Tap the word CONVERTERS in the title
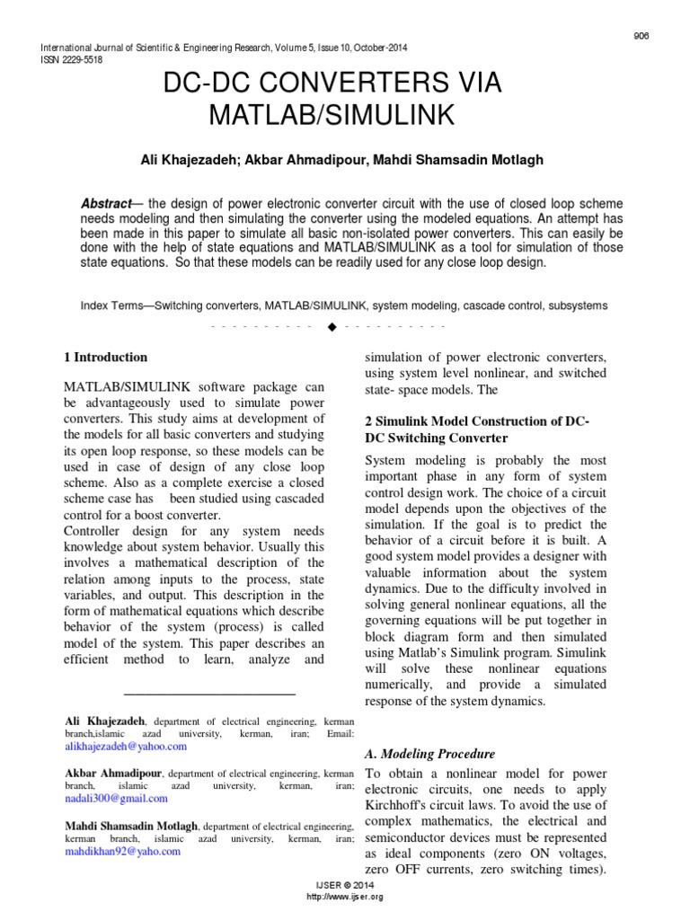coord(341,84)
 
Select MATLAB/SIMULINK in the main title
coord(332,116)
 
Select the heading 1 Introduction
coord(105,358)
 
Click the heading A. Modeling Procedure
coord(429,754)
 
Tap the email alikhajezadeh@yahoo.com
coord(126,747)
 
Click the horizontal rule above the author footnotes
coord(208,694)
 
